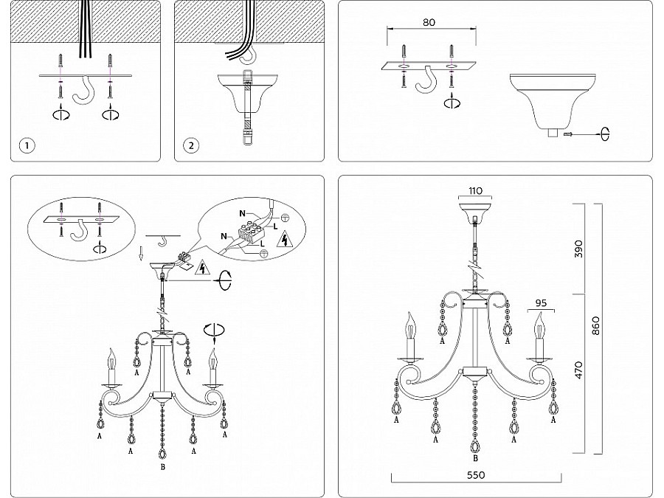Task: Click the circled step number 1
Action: [x=27, y=145]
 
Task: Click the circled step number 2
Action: [x=192, y=145]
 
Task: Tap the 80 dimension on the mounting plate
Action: [x=429, y=22]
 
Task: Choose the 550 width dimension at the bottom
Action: [x=476, y=476]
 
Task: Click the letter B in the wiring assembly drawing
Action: [x=162, y=466]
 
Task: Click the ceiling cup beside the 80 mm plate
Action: [x=549, y=100]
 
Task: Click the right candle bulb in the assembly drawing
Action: [x=214, y=362]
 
